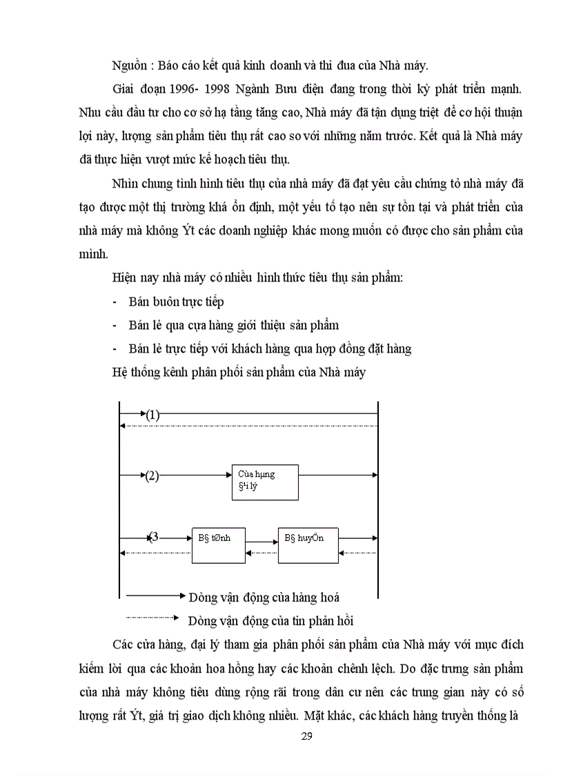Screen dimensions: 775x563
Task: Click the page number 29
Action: click(307, 736)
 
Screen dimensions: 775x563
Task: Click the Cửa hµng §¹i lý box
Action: click(265, 482)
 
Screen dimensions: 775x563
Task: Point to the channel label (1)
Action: click(152, 415)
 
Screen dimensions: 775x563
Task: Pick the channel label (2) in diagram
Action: click(152, 475)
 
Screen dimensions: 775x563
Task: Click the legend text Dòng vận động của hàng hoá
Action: click(264, 598)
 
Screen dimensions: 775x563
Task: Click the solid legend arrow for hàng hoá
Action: click(153, 595)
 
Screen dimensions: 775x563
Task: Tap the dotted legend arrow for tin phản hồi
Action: click(153, 618)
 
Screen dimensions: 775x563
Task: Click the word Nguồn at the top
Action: click(129, 66)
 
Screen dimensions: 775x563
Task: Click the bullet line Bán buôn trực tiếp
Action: click(176, 302)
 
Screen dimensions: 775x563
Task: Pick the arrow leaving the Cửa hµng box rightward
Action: click(338, 475)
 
